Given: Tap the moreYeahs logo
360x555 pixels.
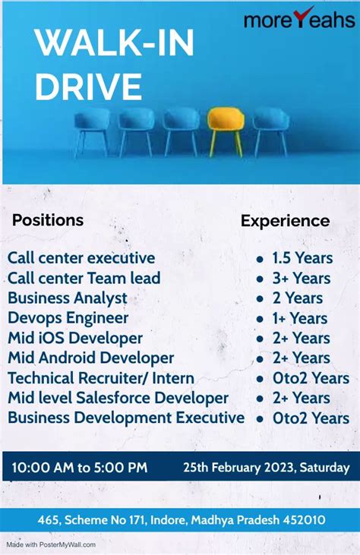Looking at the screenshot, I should pos(299,17).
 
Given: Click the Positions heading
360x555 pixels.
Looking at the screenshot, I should pos(48,220).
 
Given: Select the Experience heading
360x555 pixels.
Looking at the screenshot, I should pos(285,221).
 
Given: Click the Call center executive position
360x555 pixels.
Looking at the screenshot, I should pos(81,258).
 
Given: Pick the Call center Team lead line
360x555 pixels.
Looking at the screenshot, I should pos(84,278).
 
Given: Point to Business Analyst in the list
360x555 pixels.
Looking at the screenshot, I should pos(68,298).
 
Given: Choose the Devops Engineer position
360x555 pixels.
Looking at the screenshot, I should pos(68,318).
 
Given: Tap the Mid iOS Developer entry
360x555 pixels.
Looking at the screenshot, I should pos(75,338).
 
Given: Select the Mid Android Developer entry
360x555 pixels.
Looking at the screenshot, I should pos(91,358).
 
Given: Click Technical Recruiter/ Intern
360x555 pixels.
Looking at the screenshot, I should pos(101,378).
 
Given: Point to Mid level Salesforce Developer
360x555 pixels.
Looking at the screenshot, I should pos(118,398).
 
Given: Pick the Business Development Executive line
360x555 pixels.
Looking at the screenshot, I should pos(126,418).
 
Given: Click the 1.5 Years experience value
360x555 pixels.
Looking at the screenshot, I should pos(302,258).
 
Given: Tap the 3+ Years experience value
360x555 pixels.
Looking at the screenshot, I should pos(301,279).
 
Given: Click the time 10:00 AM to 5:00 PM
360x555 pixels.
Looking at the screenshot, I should pos(79,467).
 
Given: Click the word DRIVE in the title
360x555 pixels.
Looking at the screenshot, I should pos(88,87).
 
